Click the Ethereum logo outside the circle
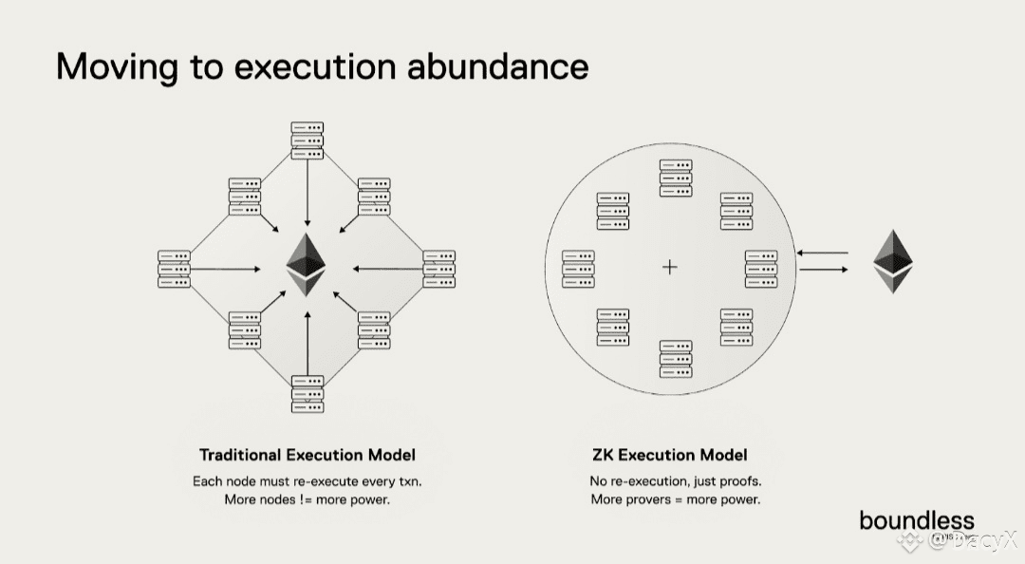892,261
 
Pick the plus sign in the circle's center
669,268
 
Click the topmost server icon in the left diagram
307,141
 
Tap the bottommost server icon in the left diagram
307,393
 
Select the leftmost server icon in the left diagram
175,269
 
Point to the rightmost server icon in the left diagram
438,269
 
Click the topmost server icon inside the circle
676,179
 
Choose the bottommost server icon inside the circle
676,359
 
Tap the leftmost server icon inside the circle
578,269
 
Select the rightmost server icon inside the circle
761,269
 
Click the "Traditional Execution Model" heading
307,455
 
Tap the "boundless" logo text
916,520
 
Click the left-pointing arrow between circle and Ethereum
824,253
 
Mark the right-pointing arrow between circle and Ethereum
824,270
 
